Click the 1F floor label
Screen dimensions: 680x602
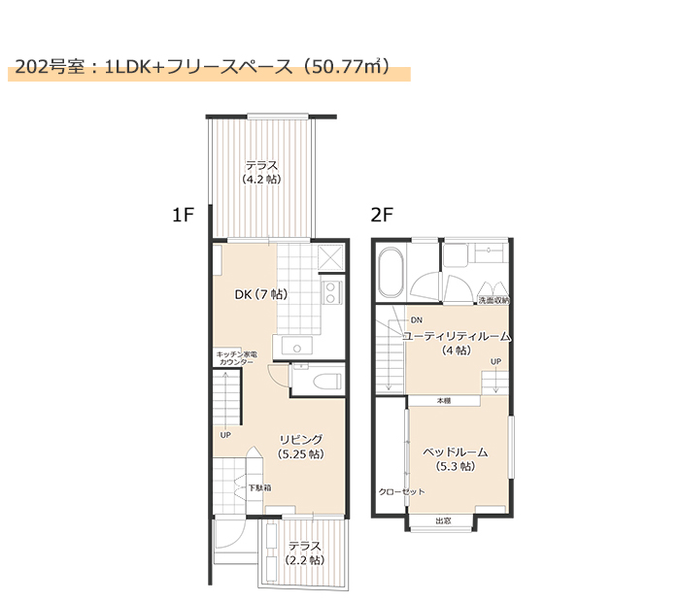click(x=183, y=215)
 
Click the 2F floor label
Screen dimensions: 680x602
click(x=382, y=215)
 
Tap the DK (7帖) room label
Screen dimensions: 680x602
click(x=261, y=295)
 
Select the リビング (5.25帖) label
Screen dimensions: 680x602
click(x=301, y=447)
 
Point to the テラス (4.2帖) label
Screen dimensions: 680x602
click(x=261, y=172)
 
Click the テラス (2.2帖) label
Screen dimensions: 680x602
click(x=305, y=553)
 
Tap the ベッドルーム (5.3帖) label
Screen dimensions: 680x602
click(x=456, y=459)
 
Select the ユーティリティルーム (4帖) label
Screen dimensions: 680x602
click(x=457, y=343)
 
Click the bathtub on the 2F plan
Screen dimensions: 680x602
click(x=391, y=272)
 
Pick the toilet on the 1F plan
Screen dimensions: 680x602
click(x=327, y=382)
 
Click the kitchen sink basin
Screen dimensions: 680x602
click(x=296, y=346)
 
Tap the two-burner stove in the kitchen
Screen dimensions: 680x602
click(x=331, y=292)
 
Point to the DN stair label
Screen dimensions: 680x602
click(x=417, y=320)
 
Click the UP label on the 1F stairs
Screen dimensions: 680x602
click(x=225, y=435)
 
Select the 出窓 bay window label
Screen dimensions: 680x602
click(x=443, y=521)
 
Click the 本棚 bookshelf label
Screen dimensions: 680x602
click(x=444, y=401)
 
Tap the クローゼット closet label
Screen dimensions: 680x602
click(x=401, y=492)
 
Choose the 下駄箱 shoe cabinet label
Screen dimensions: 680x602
click(x=259, y=488)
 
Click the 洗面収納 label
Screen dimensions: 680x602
click(x=493, y=300)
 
